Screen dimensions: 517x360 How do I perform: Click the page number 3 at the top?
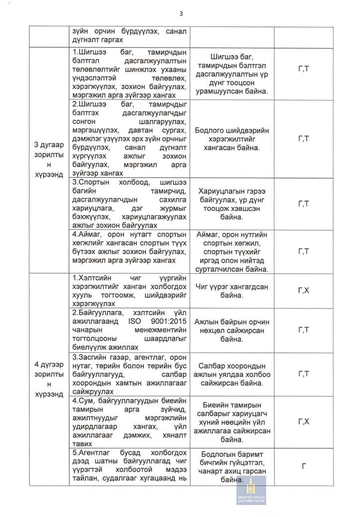pyautogui.click(x=181, y=13)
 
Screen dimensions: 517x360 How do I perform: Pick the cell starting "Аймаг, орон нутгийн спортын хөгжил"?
pyautogui.click(x=232, y=251)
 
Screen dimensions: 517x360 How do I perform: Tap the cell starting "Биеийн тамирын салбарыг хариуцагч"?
pyautogui.click(x=232, y=422)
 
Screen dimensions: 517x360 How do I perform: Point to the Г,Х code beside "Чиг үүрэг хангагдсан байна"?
pyautogui.click(x=304, y=290)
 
